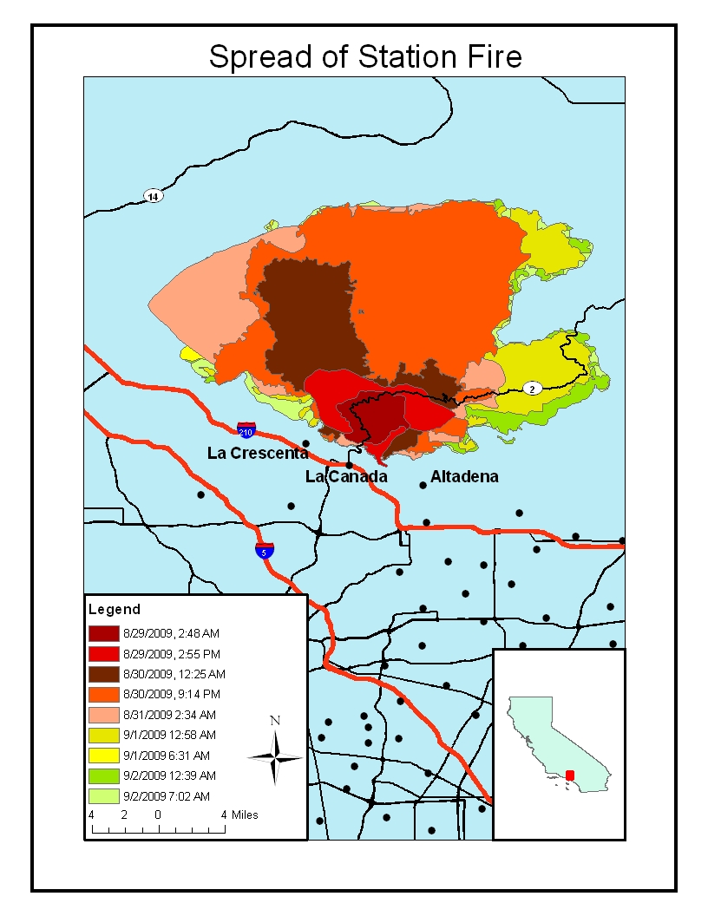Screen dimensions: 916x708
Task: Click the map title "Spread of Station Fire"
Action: pyautogui.click(x=365, y=57)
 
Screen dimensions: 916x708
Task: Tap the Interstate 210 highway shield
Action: pyautogui.click(x=246, y=430)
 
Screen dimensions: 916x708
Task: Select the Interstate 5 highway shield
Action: pyautogui.click(x=265, y=550)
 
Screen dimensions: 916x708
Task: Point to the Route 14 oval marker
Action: pyautogui.click(x=154, y=197)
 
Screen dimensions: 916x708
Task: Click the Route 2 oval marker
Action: pyautogui.click(x=532, y=389)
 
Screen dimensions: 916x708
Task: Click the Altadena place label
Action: pyautogui.click(x=464, y=477)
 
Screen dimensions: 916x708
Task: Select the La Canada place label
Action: pyautogui.click(x=346, y=477)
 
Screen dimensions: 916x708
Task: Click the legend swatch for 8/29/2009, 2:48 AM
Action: pyautogui.click(x=103, y=632)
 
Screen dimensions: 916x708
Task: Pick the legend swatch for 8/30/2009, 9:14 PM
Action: pyautogui.click(x=103, y=694)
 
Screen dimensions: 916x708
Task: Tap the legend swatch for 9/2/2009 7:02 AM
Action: pyautogui.click(x=103, y=795)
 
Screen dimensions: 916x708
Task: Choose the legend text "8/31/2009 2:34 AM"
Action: pyautogui.click(x=169, y=715)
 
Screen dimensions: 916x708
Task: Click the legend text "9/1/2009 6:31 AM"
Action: pyautogui.click(x=167, y=756)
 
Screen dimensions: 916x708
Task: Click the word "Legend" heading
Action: pyautogui.click(x=115, y=610)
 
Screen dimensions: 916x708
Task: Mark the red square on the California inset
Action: pyautogui.click(x=570, y=774)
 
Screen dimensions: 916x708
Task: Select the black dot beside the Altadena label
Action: pyautogui.click(x=423, y=485)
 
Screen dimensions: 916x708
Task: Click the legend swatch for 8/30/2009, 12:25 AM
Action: pyautogui.click(x=103, y=674)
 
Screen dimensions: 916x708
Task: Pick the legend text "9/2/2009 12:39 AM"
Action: pyautogui.click(x=169, y=775)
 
